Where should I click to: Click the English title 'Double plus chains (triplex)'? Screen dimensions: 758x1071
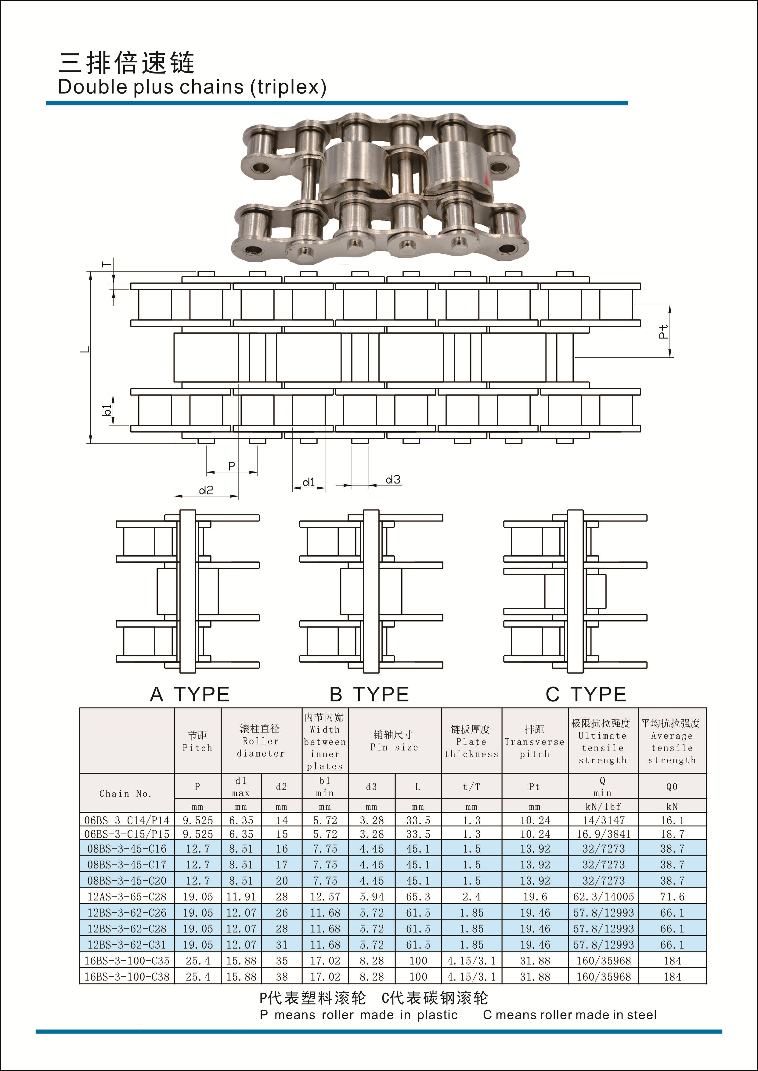coord(192,87)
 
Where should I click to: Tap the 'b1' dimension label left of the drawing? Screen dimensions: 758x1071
coord(107,410)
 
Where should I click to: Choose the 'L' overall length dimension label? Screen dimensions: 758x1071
coord(85,350)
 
